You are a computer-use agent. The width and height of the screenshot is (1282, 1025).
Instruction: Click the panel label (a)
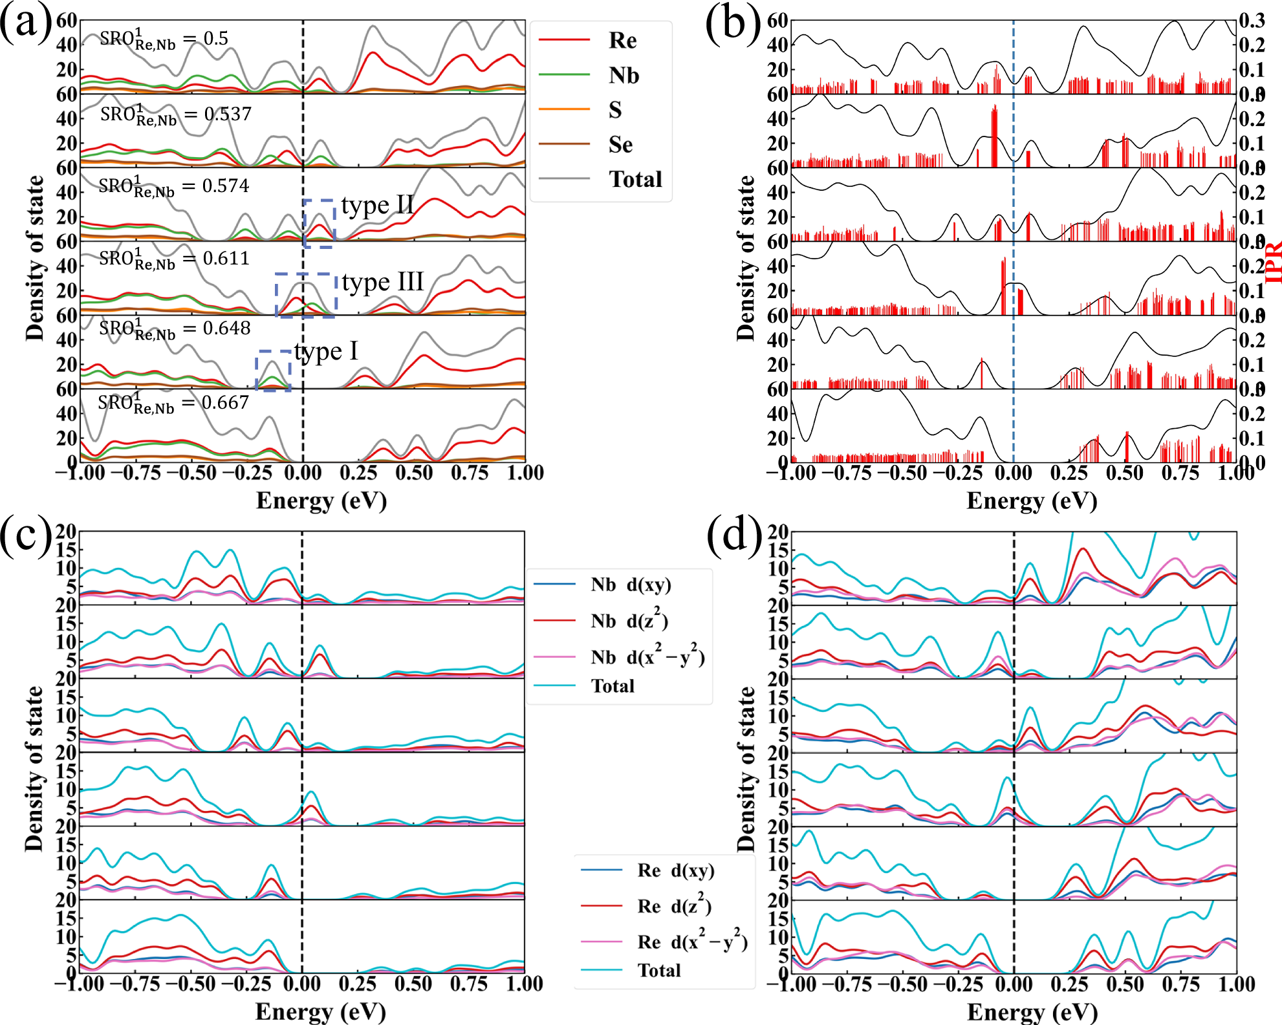click(26, 25)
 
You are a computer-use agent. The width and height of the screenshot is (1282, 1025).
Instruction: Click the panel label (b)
click(732, 25)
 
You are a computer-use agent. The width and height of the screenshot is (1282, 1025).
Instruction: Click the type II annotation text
click(378, 206)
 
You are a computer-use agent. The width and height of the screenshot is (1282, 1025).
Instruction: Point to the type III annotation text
click(383, 282)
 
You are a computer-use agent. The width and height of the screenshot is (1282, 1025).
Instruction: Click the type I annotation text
click(326, 351)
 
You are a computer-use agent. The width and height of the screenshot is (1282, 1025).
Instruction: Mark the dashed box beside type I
click(274, 371)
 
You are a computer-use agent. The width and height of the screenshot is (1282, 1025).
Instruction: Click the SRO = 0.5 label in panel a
click(164, 39)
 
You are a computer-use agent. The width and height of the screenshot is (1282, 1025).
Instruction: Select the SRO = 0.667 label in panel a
click(173, 404)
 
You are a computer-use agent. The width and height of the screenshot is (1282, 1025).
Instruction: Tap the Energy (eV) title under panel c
click(321, 1011)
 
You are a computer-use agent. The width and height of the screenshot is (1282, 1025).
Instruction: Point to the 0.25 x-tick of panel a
click(358, 473)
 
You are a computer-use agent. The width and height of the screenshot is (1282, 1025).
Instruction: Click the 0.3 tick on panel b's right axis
click(1252, 21)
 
